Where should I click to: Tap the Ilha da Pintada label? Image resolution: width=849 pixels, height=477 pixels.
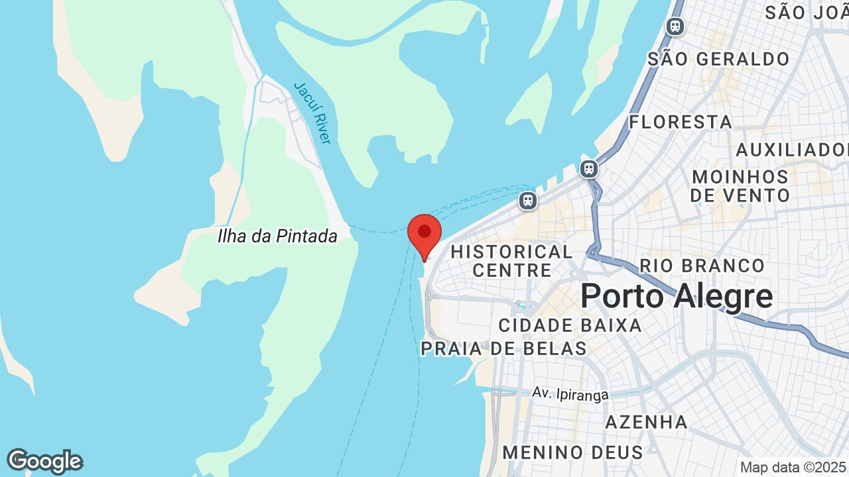click(x=277, y=236)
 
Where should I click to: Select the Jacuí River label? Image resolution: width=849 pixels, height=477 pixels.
click(x=312, y=113)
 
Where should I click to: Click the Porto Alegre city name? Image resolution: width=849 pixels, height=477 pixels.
click(x=677, y=296)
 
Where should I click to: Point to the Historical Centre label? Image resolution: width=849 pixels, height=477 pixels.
click(x=511, y=260)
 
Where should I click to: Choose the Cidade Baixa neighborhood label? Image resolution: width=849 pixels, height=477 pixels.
click(x=570, y=325)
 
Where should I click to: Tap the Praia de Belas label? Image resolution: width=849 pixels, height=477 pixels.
click(x=503, y=348)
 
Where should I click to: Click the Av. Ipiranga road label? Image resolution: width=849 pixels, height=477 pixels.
click(x=570, y=394)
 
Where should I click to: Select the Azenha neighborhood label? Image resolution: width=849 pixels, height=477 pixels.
click(x=646, y=422)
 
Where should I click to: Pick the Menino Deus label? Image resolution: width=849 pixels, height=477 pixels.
click(x=572, y=452)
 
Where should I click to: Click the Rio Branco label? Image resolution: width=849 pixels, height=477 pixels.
click(x=702, y=266)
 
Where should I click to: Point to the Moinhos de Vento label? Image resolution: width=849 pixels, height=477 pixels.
click(x=740, y=186)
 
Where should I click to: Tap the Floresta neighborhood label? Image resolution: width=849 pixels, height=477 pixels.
click(x=681, y=122)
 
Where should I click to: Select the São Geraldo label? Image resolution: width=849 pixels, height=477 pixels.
click(x=718, y=59)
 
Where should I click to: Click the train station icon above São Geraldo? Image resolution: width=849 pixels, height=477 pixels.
click(x=675, y=26)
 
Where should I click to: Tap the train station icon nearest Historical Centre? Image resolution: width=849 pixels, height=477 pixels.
click(x=528, y=199)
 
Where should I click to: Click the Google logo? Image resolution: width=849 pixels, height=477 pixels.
click(x=44, y=461)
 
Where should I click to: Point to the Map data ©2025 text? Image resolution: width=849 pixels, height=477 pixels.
click(x=793, y=467)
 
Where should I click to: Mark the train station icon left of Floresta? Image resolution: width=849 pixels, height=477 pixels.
click(x=588, y=168)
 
